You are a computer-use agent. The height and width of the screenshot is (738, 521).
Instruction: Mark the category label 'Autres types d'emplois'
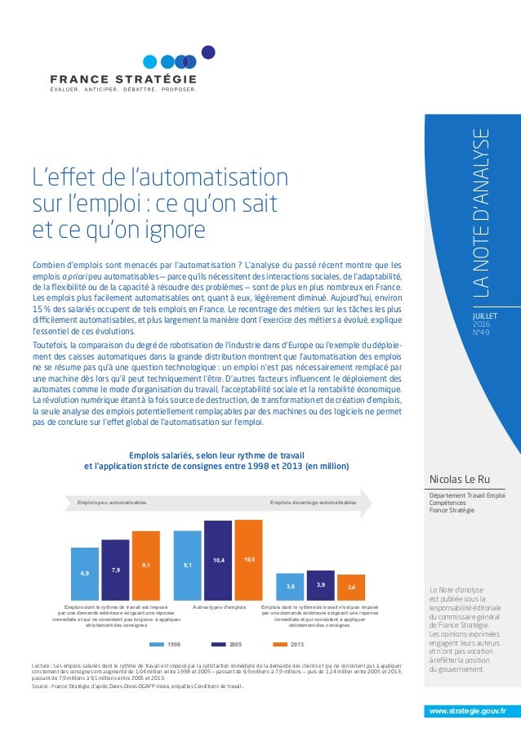[x=219, y=608]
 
